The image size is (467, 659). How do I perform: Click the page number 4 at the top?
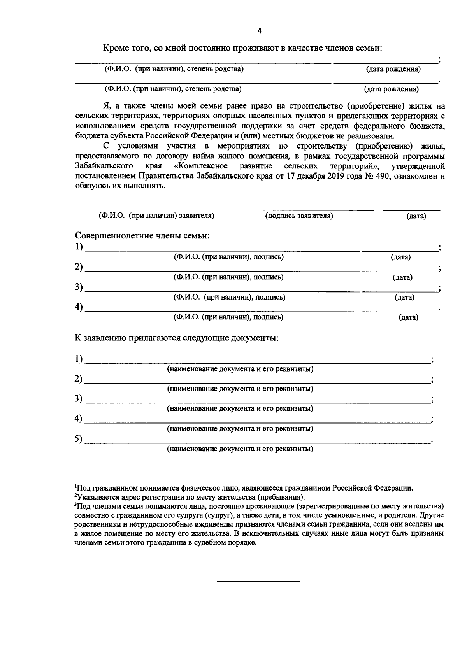(x=260, y=31)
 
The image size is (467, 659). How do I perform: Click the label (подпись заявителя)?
(x=299, y=216)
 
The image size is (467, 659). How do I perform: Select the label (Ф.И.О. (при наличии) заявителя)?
(x=156, y=216)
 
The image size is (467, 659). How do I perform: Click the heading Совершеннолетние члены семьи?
(x=142, y=236)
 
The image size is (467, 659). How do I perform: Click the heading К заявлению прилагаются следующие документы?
(x=176, y=338)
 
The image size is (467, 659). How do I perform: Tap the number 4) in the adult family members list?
(x=79, y=307)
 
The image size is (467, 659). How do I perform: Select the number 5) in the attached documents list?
(x=79, y=439)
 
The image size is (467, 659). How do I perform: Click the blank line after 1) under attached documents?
(x=257, y=363)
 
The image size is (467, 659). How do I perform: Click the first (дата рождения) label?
(x=393, y=70)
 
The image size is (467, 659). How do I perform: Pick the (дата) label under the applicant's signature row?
(x=416, y=216)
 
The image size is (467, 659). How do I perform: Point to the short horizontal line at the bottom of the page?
(x=258, y=581)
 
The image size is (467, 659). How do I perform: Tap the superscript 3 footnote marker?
(x=75, y=505)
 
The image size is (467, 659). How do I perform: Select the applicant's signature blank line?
(x=307, y=210)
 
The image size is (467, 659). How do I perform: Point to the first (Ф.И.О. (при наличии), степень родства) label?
(x=174, y=69)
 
